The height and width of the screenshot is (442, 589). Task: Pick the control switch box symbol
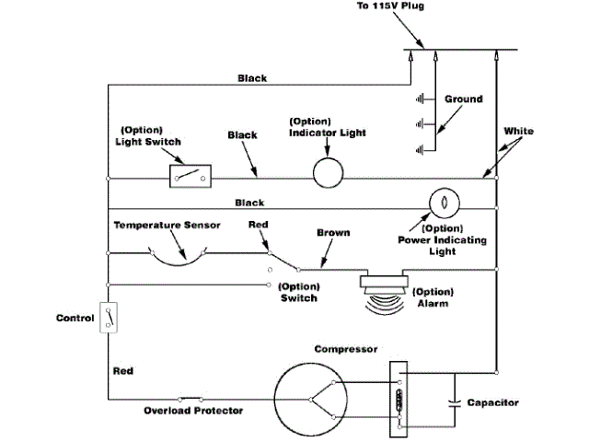click(x=109, y=318)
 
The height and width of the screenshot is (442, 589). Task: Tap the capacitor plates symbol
click(x=453, y=403)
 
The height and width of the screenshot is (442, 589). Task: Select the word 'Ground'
click(x=462, y=99)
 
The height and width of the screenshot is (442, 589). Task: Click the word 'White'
click(x=519, y=132)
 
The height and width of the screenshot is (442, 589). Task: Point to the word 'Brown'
click(x=333, y=233)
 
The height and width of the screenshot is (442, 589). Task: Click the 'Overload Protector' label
click(x=193, y=411)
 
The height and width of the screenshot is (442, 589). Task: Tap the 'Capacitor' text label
click(x=493, y=403)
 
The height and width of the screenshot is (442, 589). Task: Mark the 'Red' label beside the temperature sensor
click(x=259, y=224)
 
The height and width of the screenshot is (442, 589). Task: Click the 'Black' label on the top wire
click(x=252, y=78)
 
